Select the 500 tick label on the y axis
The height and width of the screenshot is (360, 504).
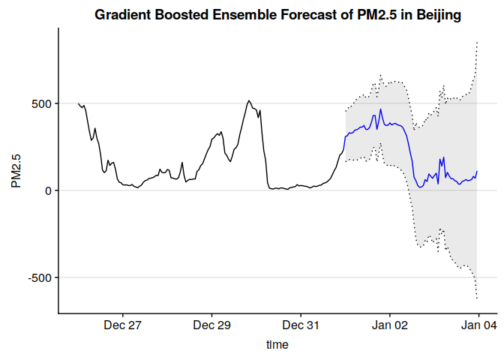pyautogui.click(x=41, y=103)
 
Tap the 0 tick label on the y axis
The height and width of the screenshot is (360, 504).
pyautogui.click(x=48, y=190)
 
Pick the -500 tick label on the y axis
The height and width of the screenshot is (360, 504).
pyautogui.click(x=39, y=277)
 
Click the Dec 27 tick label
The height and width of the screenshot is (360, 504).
pyautogui.click(x=123, y=325)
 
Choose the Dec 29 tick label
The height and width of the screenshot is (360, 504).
pyautogui.click(x=212, y=325)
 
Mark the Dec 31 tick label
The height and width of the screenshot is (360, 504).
pyautogui.click(x=301, y=325)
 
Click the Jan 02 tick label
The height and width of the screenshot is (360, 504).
pyautogui.click(x=390, y=325)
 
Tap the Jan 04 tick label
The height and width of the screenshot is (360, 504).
pyautogui.click(x=478, y=325)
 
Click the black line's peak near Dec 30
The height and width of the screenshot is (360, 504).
pyautogui.click(x=249, y=100)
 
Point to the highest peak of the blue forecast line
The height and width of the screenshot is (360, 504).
pyautogui.click(x=381, y=109)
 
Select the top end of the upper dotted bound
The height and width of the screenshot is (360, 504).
pyautogui.click(x=477, y=42)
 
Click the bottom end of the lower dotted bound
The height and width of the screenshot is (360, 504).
pyautogui.click(x=477, y=299)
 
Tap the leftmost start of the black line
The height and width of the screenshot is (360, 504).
pyautogui.click(x=78, y=103)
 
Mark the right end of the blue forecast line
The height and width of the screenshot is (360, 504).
pyautogui.click(x=477, y=171)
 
